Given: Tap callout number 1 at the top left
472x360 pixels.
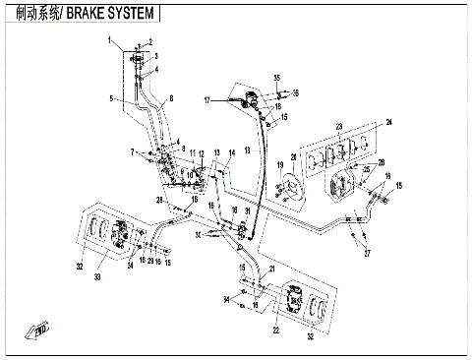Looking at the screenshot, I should (111, 39).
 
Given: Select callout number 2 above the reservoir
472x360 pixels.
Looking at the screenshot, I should (150, 42).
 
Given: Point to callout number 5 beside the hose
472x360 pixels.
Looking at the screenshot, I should (110, 99).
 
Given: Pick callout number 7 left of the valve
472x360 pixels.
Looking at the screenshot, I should (131, 152).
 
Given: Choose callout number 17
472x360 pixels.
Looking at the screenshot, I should (207, 100).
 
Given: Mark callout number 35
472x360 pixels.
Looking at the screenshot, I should (277, 78).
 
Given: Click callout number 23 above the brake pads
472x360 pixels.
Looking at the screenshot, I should (337, 126).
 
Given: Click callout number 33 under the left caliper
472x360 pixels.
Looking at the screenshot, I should (97, 279).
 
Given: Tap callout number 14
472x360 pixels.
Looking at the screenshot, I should (232, 152).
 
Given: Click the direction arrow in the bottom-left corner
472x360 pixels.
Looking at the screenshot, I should (38, 329).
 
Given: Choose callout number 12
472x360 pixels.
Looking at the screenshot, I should (201, 154).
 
